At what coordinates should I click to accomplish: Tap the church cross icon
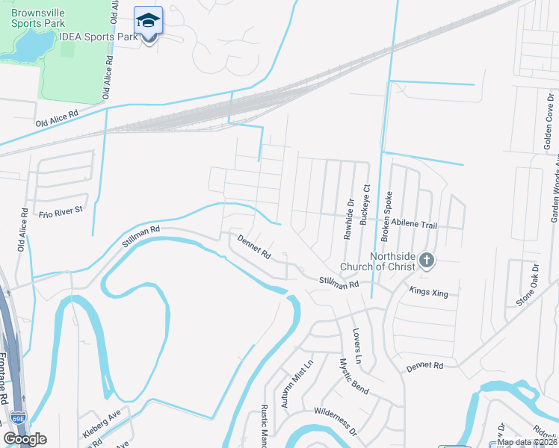pos(427,261)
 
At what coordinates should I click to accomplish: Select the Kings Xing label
pos(429,292)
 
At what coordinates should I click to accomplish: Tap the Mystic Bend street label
pos(353,376)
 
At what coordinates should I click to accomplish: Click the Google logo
pos(25,439)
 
